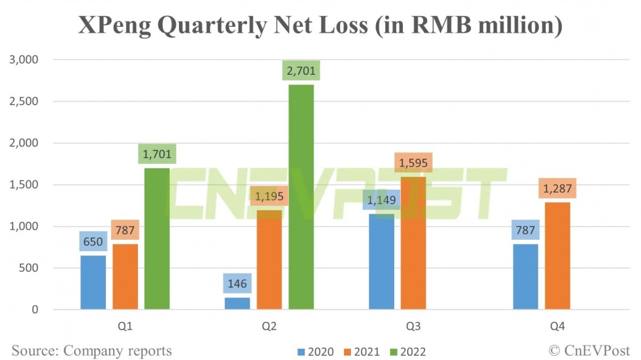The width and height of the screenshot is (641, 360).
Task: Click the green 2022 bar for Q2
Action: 301,198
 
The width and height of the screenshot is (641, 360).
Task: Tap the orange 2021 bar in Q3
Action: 413,243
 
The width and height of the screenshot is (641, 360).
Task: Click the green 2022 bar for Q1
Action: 157,239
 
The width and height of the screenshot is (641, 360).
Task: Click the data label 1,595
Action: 413,163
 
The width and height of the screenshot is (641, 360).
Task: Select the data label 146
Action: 237,284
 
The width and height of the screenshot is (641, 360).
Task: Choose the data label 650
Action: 93,241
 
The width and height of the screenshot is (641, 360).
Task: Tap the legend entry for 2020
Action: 315,352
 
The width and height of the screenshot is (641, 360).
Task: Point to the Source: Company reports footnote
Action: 92,351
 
